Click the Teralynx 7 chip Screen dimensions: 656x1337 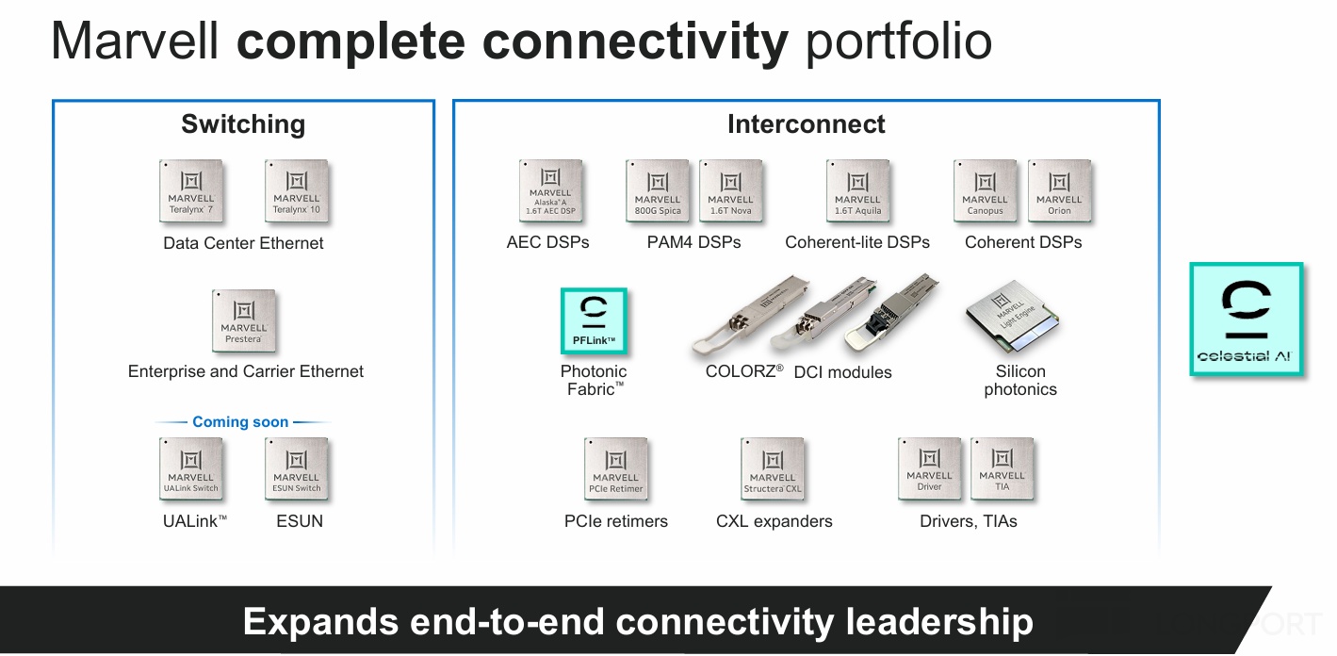coord(191,191)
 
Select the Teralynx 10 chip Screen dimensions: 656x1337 coord(297,191)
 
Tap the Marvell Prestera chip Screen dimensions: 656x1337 coord(244,321)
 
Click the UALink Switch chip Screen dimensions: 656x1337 coord(191,469)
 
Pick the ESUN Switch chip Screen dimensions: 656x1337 coord(297,469)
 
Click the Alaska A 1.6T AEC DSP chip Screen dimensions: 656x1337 coord(551,191)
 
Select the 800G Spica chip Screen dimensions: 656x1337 coord(658,191)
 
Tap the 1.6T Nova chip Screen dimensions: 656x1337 coord(731,191)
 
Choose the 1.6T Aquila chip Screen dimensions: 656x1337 coord(857,191)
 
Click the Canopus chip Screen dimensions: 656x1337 coord(986,191)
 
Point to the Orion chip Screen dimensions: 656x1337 coord(1059,191)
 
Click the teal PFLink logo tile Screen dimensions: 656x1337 coord(594,321)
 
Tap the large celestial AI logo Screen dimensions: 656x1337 coord(1247,320)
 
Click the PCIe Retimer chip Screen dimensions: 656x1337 coord(616,469)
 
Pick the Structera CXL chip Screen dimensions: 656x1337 coord(773,469)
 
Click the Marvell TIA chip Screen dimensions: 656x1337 coord(1003,469)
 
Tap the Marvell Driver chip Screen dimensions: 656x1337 coord(930,469)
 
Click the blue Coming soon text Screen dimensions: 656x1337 coord(240,422)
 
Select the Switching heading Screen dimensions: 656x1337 coord(243,124)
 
